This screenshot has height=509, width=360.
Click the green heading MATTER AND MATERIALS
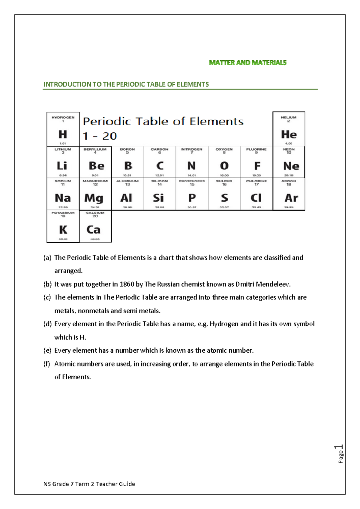pos(247,63)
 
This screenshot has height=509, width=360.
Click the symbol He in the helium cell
pos(289,134)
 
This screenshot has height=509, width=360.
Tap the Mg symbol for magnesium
pos(94,198)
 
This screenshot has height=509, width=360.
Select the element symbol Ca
pos(93,230)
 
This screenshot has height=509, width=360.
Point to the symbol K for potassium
pos(63,230)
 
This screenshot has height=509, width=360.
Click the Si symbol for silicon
pos(158,198)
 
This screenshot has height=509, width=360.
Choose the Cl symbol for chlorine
pos(256,198)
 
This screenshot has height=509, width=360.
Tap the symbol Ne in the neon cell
pos(291,166)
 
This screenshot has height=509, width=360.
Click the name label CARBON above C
pos(160,149)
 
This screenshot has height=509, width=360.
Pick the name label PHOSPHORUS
pos(192,181)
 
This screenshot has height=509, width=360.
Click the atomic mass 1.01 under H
pos(63,143)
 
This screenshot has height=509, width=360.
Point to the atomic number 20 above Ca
pos(95,216)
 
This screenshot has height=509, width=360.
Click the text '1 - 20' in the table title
pos(100,136)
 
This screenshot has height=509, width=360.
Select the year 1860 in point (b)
pos(127,284)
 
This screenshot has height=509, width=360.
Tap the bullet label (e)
pos(47,351)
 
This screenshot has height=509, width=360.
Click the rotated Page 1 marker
pos(340,454)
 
